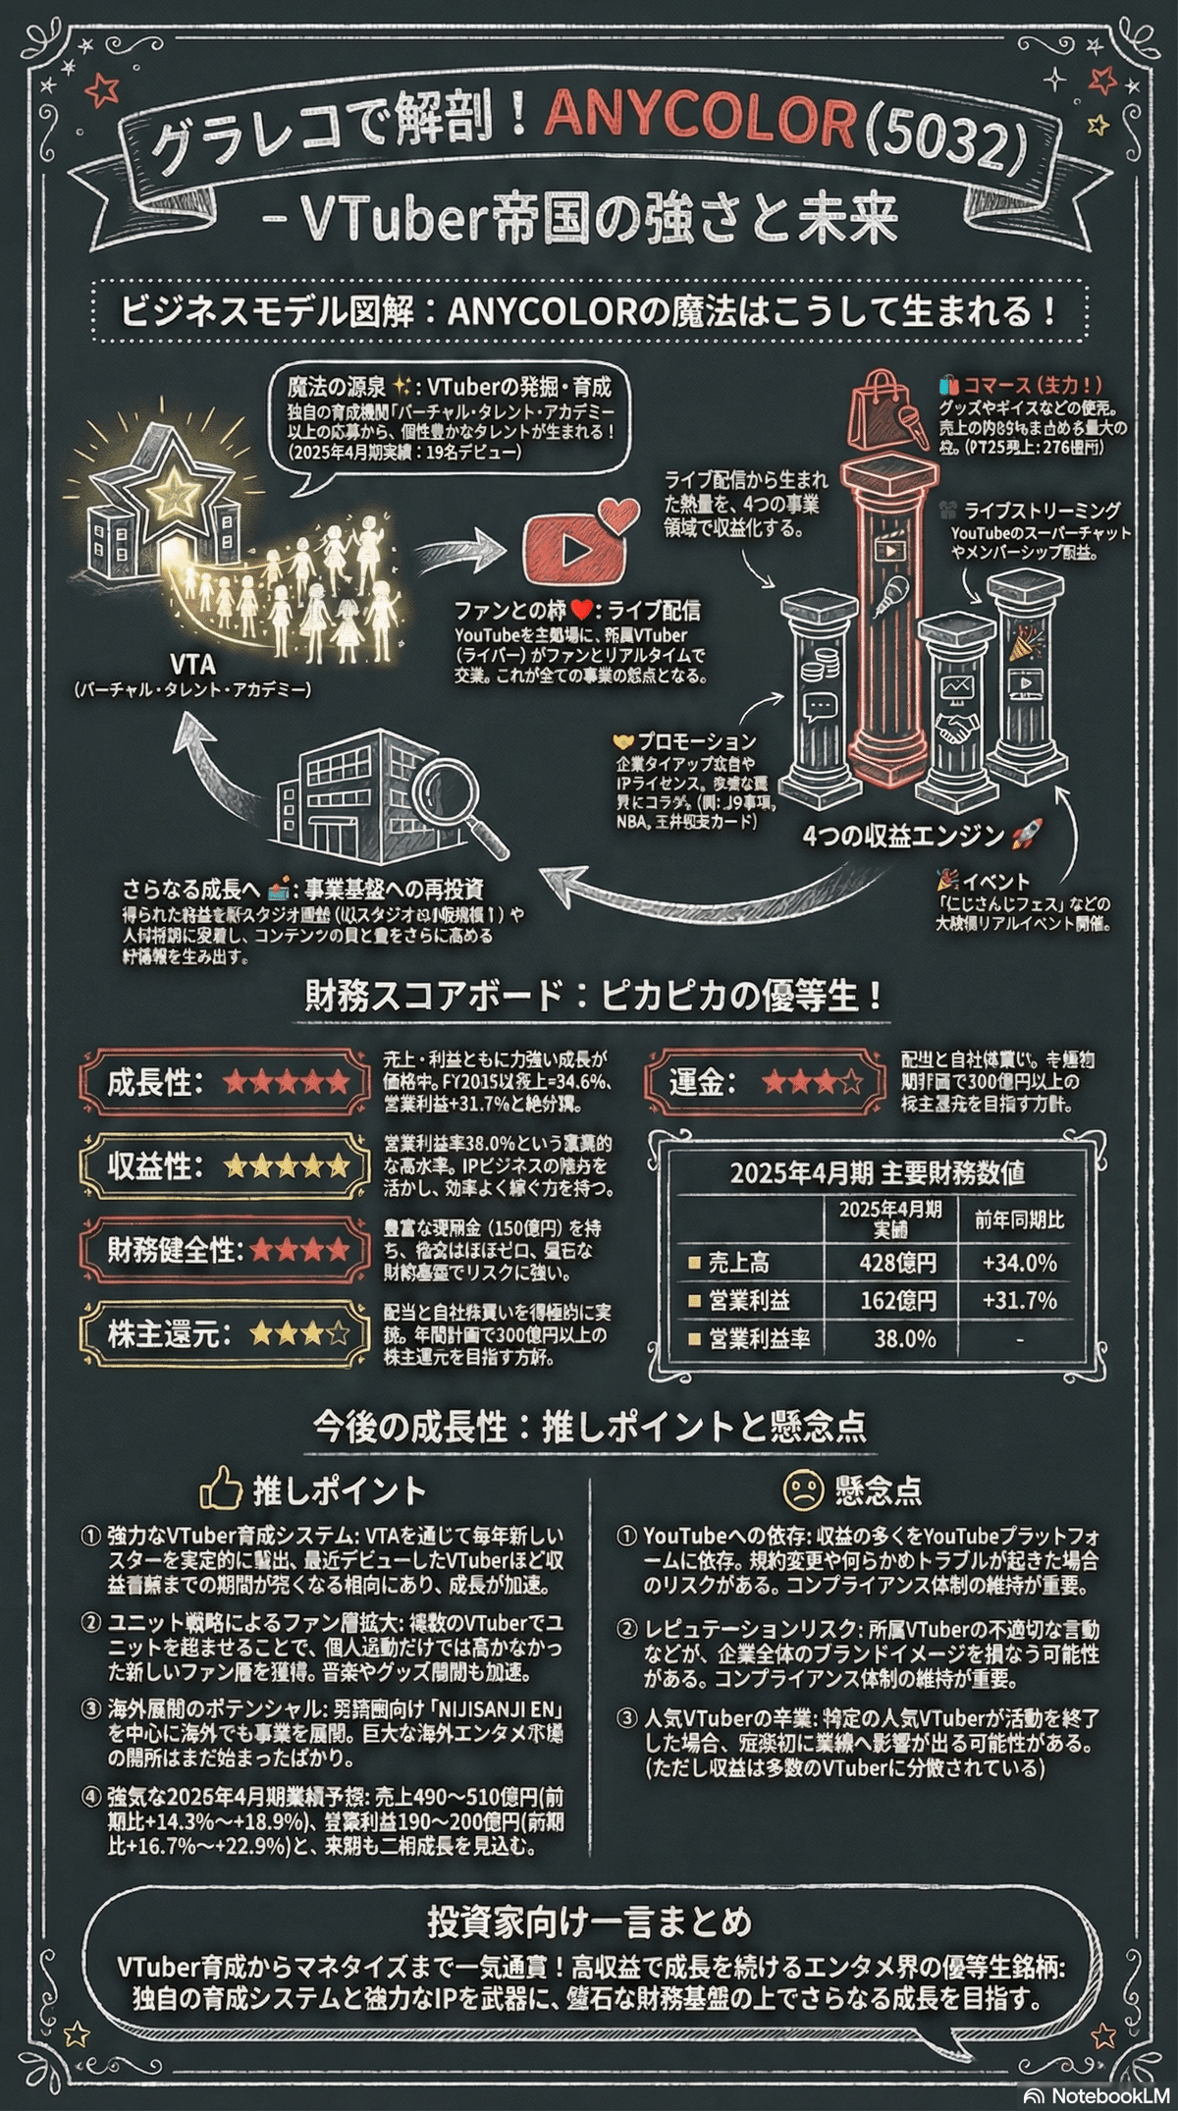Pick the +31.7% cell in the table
coord(1019,1301)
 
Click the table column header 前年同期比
coord(1019,1220)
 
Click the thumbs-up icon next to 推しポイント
coord(220,1490)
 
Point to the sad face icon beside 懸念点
coord(802,1490)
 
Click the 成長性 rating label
coord(156,1083)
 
